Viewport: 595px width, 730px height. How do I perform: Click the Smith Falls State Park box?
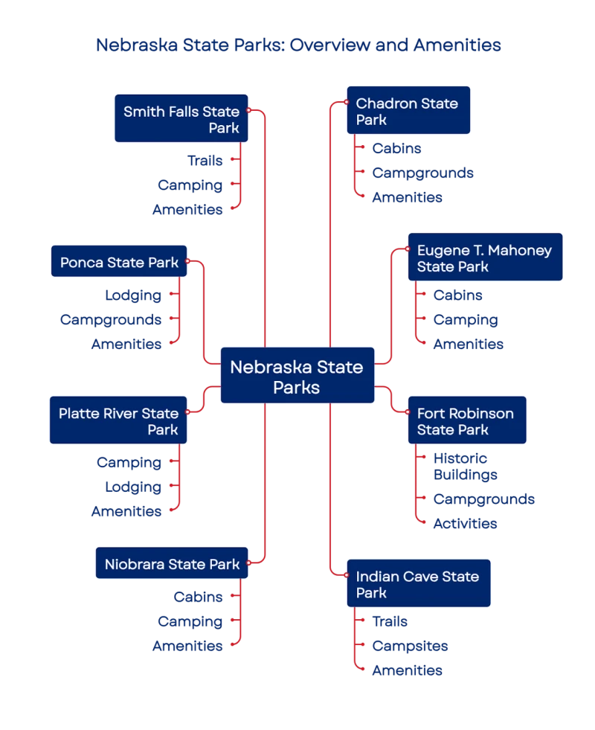(x=181, y=118)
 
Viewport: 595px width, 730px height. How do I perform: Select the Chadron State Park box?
(x=408, y=111)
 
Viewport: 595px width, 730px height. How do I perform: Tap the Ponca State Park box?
(x=119, y=262)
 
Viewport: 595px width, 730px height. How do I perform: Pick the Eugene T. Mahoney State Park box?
(x=485, y=257)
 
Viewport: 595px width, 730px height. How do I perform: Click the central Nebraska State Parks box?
(x=297, y=377)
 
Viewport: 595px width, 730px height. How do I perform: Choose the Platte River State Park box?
(x=119, y=420)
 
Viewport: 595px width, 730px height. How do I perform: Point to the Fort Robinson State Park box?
(x=466, y=421)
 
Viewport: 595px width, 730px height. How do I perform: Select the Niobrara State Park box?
(x=171, y=564)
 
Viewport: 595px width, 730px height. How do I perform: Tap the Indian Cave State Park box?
(x=418, y=584)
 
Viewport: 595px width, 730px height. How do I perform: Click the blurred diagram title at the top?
(x=299, y=45)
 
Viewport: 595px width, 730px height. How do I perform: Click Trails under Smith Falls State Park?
(x=205, y=160)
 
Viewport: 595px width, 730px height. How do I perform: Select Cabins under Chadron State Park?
(x=397, y=148)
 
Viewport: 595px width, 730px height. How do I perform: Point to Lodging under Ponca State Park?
(x=134, y=295)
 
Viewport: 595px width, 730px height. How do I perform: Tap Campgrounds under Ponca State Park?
(x=112, y=320)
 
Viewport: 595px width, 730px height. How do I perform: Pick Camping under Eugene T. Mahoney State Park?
(x=466, y=320)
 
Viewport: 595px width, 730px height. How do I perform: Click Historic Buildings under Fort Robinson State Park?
(x=461, y=467)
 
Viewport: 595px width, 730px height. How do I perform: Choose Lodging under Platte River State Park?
(x=134, y=487)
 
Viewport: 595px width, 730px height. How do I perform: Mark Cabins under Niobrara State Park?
(x=199, y=597)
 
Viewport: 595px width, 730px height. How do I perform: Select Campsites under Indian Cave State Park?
(x=410, y=646)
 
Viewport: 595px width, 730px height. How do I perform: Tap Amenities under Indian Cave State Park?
(x=408, y=670)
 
